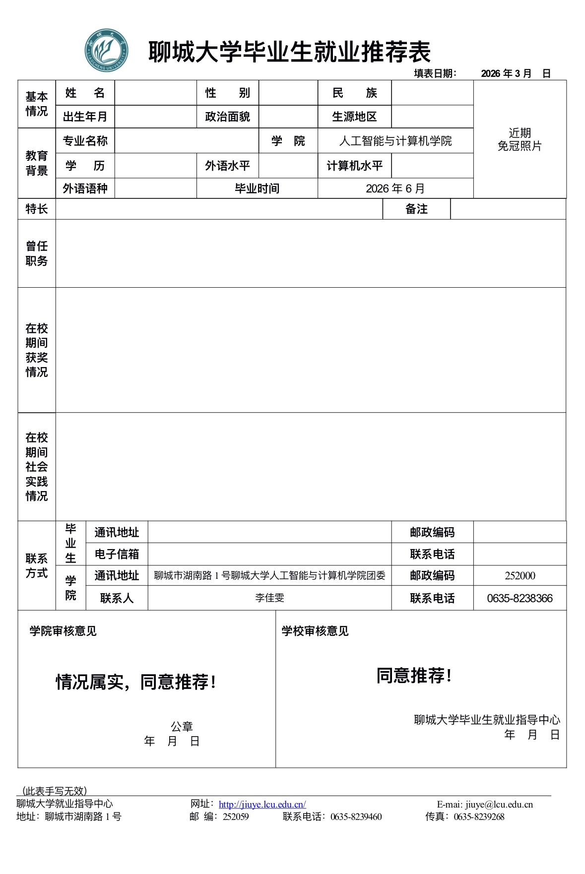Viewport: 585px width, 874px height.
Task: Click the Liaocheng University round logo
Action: click(x=106, y=50)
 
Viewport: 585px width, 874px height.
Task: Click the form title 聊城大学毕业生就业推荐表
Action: click(x=289, y=52)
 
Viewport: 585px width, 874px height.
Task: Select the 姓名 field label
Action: click(x=85, y=93)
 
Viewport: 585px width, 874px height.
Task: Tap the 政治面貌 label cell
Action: click(x=227, y=117)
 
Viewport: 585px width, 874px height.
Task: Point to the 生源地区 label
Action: click(x=354, y=117)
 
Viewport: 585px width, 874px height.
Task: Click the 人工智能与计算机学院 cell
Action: click(x=395, y=141)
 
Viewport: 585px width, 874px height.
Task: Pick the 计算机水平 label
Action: click(x=354, y=166)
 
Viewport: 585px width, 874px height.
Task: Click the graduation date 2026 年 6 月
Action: click(x=395, y=188)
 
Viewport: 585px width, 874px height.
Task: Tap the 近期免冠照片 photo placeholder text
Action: click(x=520, y=139)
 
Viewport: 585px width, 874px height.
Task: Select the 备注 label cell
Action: click(x=416, y=209)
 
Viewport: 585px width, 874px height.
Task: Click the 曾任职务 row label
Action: click(x=37, y=253)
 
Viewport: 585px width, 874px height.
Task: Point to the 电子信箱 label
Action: click(x=117, y=554)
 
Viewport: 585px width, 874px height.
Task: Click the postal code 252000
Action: click(x=520, y=576)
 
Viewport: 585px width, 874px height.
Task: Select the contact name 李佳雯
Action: click(x=269, y=598)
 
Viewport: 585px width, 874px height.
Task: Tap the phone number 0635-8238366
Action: click(x=520, y=598)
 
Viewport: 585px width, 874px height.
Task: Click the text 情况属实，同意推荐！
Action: click(x=136, y=682)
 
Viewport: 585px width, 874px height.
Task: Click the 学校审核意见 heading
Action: click(x=315, y=631)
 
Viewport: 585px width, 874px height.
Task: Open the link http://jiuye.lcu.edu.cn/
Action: click(x=262, y=805)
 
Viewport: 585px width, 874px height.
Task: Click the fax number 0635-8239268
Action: click(x=479, y=817)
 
